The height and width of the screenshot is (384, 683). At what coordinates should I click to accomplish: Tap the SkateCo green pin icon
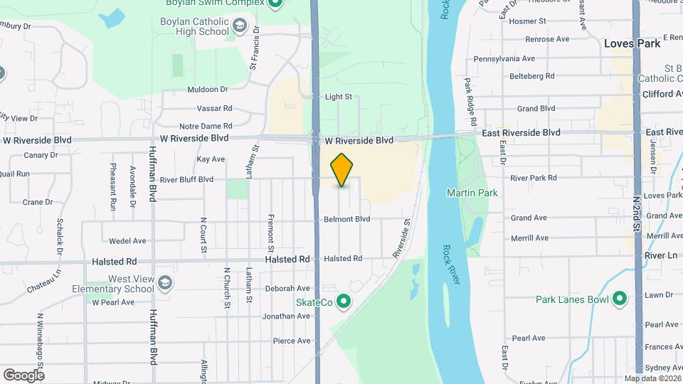[x=344, y=302]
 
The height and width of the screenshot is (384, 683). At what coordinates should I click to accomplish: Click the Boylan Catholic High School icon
[x=240, y=27]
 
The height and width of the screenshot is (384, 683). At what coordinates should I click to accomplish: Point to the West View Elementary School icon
[x=165, y=284]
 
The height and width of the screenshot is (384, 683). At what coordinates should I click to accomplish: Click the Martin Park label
[x=472, y=193]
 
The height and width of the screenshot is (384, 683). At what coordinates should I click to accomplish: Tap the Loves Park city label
[x=632, y=43]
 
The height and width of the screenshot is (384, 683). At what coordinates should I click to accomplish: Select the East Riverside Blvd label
[x=521, y=132]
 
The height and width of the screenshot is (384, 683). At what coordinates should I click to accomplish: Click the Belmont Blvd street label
[x=347, y=219]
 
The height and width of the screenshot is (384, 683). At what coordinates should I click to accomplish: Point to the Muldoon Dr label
[x=207, y=90]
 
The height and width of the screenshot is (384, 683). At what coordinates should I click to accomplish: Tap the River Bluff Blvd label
[x=186, y=179]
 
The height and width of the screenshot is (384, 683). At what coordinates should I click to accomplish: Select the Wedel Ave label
[x=127, y=241]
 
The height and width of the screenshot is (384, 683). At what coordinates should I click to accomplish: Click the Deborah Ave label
[x=287, y=289]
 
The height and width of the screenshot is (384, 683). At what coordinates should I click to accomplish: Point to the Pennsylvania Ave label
[x=504, y=58]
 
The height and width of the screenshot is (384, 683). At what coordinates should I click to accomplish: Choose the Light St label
[x=339, y=97]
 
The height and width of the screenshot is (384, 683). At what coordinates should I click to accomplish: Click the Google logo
[x=23, y=375]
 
